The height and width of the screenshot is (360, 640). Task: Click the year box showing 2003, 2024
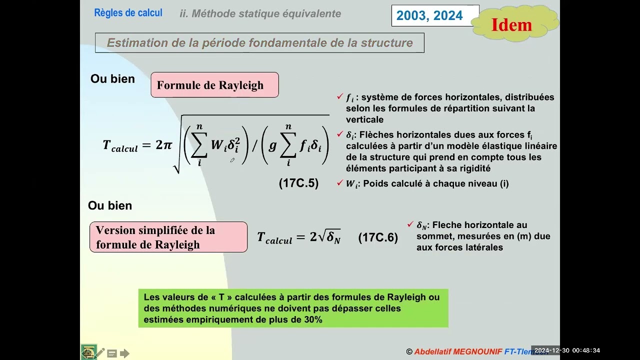(429, 15)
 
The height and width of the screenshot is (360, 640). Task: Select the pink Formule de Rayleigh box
(214, 85)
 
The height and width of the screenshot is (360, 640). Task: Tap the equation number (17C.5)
(298, 183)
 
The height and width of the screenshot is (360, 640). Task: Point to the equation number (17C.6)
(378, 238)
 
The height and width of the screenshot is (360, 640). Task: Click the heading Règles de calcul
(128, 13)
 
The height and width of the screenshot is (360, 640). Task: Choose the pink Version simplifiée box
(168, 237)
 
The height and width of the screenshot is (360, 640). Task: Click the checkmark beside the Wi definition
(340, 182)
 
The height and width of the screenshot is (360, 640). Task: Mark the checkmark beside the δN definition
(410, 224)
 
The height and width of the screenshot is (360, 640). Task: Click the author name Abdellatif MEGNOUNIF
(458, 352)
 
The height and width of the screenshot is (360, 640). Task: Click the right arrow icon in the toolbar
(124, 353)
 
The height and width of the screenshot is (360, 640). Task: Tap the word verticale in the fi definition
(364, 119)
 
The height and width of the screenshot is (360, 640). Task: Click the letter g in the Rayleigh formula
(272, 145)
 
